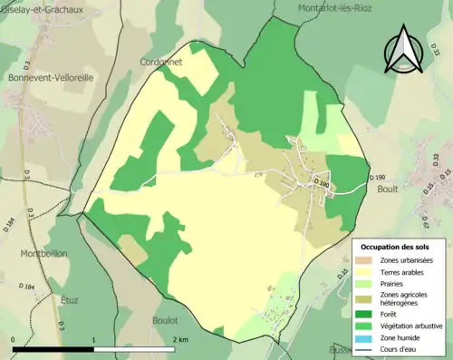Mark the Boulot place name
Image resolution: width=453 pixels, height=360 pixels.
(165, 320)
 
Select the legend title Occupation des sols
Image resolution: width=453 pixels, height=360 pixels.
(396, 247)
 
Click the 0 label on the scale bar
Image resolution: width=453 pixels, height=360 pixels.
(14, 339)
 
